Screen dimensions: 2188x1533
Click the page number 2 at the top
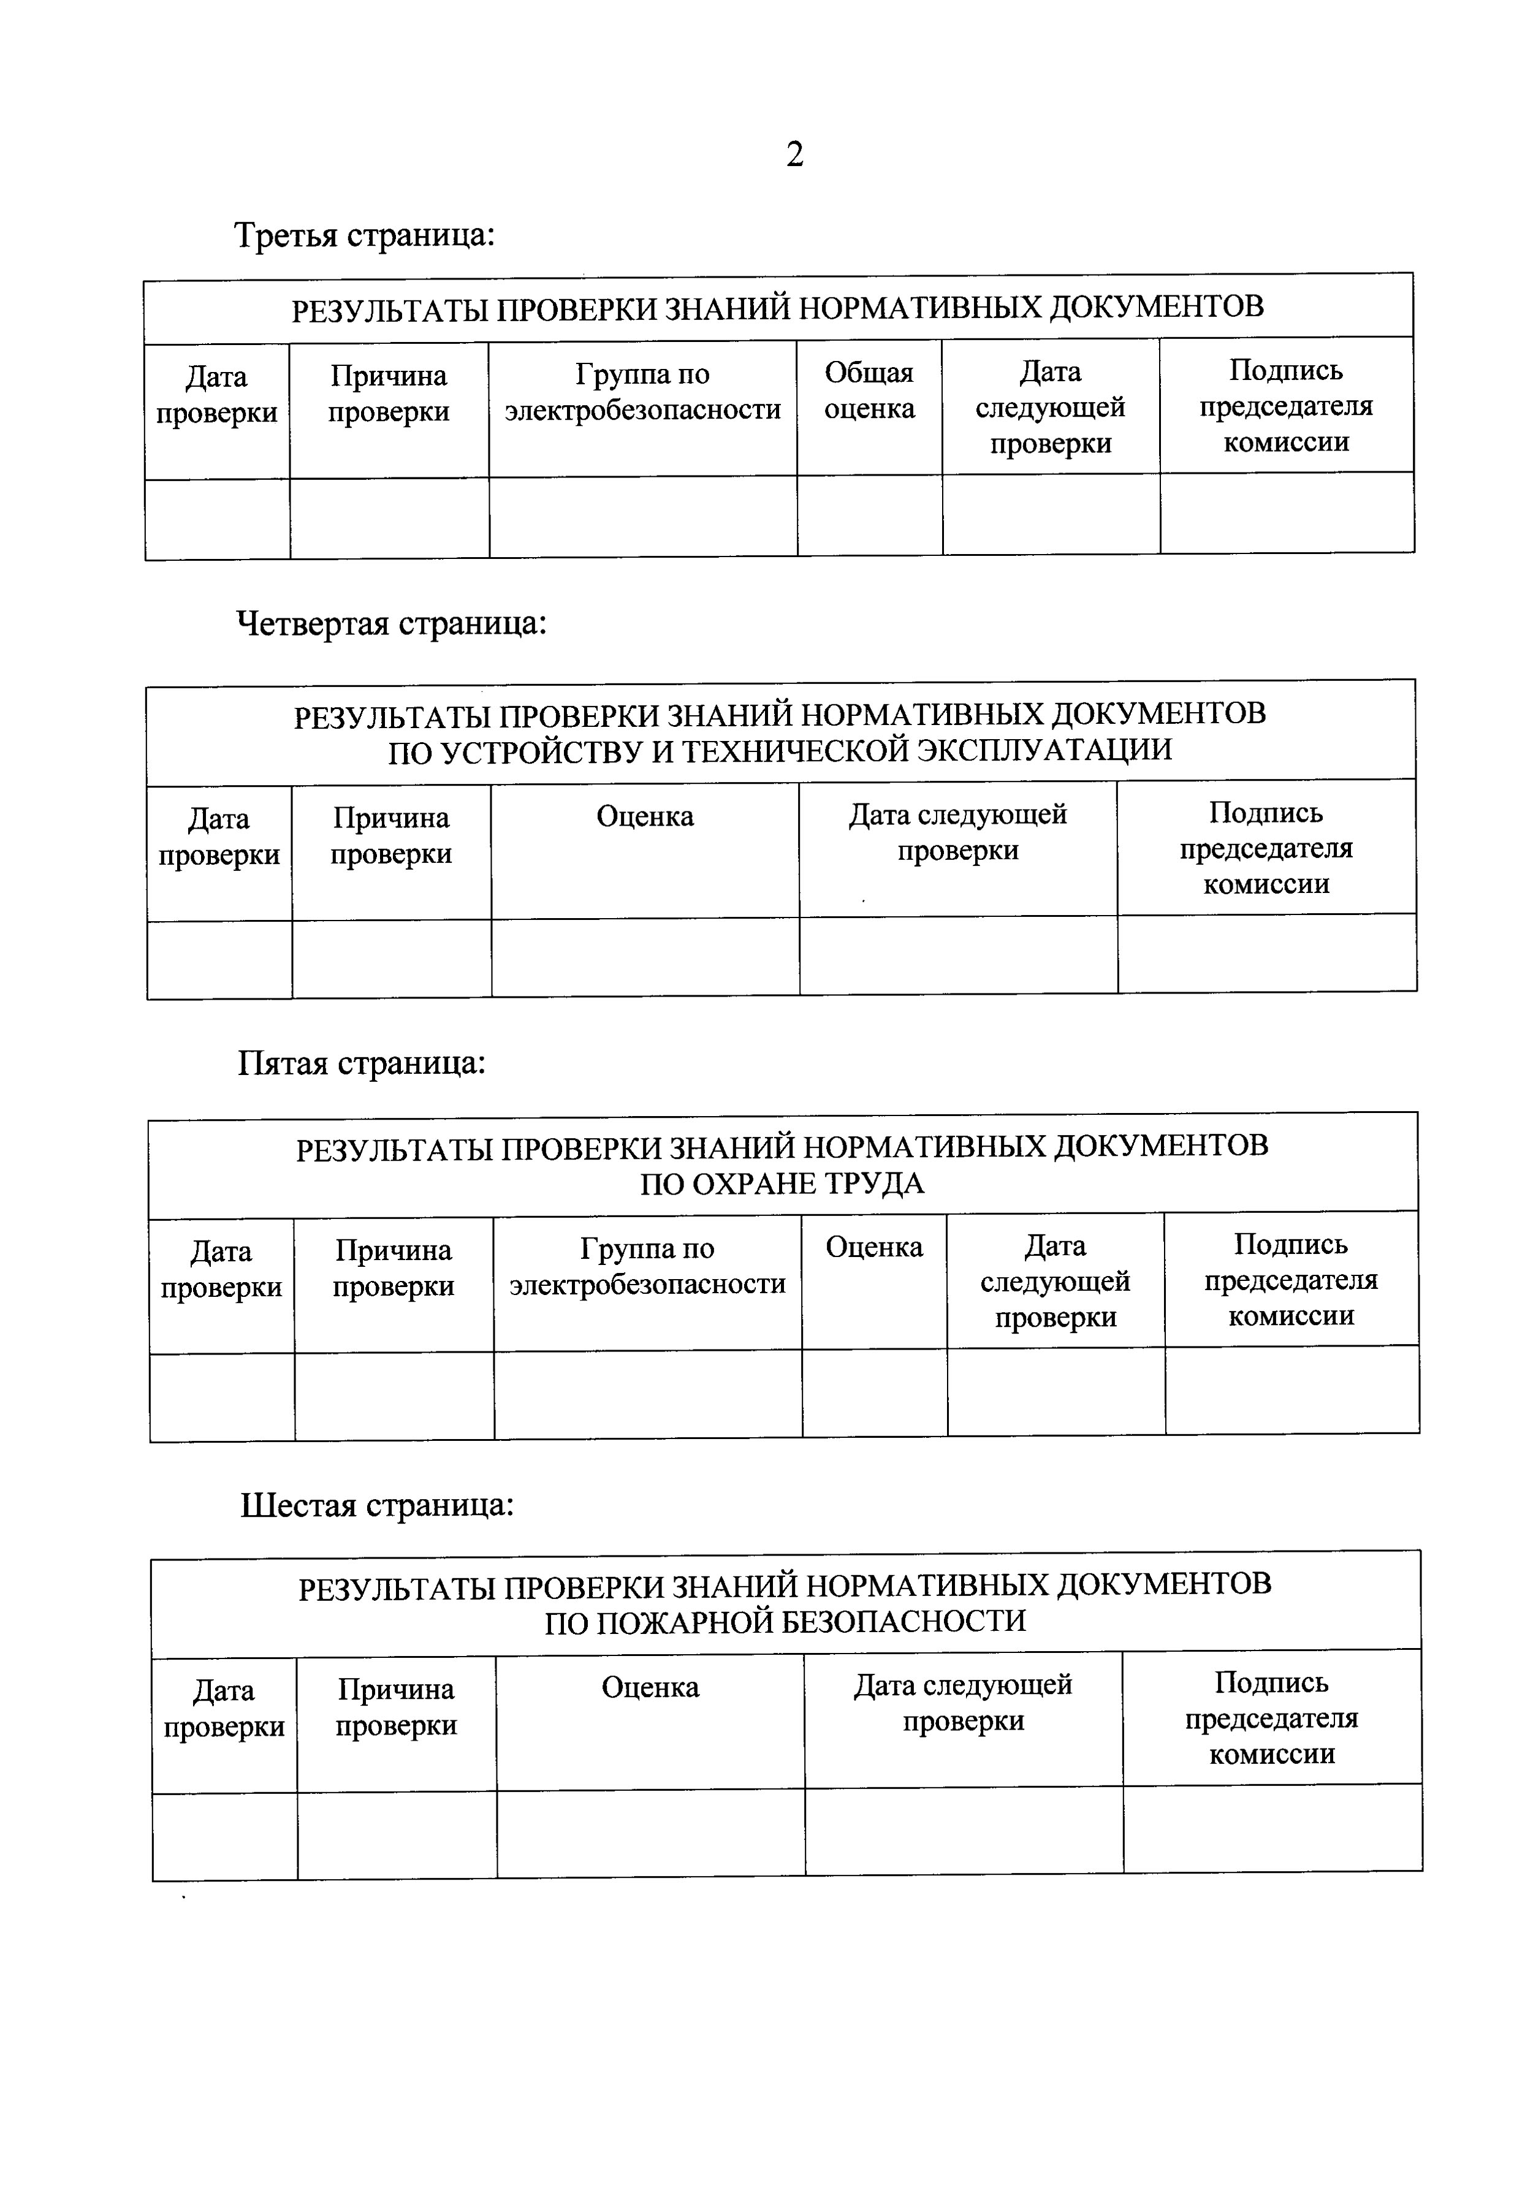[x=794, y=154]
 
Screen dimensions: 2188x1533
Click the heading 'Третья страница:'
[x=364, y=234]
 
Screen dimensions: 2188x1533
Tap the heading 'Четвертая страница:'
[x=391, y=623]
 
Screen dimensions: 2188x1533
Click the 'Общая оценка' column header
[x=869, y=391]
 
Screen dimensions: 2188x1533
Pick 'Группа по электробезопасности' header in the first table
[x=642, y=392]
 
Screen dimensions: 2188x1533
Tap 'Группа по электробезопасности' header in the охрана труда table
[x=647, y=1266]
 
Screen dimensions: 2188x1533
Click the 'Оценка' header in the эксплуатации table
[x=645, y=817]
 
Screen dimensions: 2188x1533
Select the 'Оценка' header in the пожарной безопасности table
[x=650, y=1688]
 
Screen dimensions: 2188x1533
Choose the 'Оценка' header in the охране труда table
[x=874, y=1247]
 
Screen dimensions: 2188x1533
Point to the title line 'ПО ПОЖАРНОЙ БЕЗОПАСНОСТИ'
[x=786, y=1622]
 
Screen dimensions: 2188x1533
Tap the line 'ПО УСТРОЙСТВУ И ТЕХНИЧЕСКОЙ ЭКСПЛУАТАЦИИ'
[x=780, y=751]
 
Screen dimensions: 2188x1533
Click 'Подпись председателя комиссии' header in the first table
[x=1286, y=406]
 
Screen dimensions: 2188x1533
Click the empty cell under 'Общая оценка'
[x=869, y=515]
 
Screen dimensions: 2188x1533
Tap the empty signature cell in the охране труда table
[x=1291, y=1391]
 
